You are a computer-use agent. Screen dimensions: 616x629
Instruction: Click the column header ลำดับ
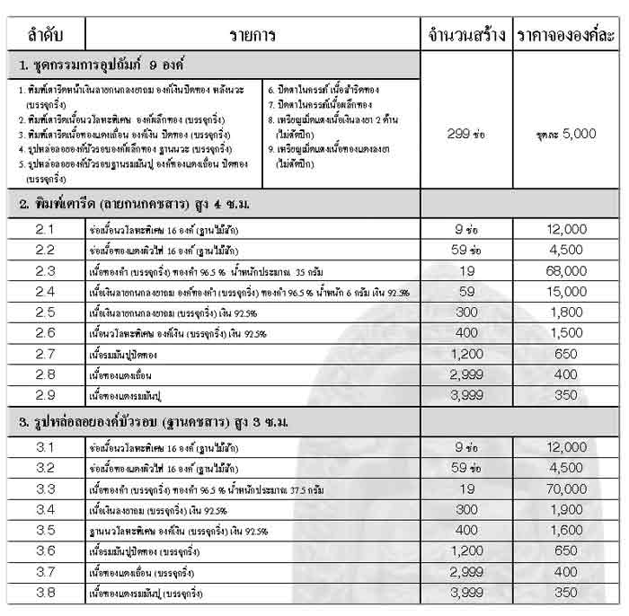pos(46,35)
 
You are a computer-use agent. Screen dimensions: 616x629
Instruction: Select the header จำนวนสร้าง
pos(466,35)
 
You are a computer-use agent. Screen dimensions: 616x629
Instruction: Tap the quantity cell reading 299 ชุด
pos(466,133)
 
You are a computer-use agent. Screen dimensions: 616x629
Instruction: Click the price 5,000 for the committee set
pos(566,133)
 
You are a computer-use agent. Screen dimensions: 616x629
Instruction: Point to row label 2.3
pos(46,270)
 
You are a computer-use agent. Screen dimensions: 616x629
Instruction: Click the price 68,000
pos(566,270)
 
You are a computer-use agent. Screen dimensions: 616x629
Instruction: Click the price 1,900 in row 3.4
pos(566,509)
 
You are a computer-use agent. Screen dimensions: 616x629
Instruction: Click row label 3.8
pos(46,593)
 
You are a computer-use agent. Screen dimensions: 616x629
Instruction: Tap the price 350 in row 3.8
pos(566,593)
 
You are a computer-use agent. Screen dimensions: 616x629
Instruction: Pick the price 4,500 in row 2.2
pos(566,251)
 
